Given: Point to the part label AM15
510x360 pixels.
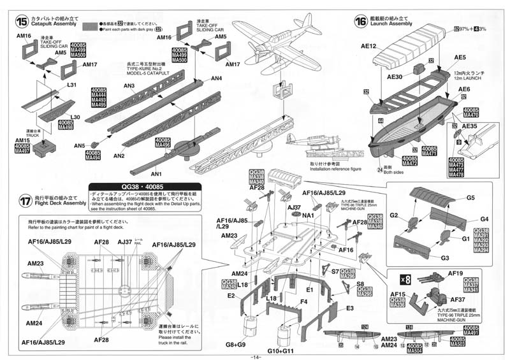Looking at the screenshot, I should point(22,140).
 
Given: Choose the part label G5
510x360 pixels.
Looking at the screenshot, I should point(470,198).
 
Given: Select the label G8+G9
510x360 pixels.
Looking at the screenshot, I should point(235,345).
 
